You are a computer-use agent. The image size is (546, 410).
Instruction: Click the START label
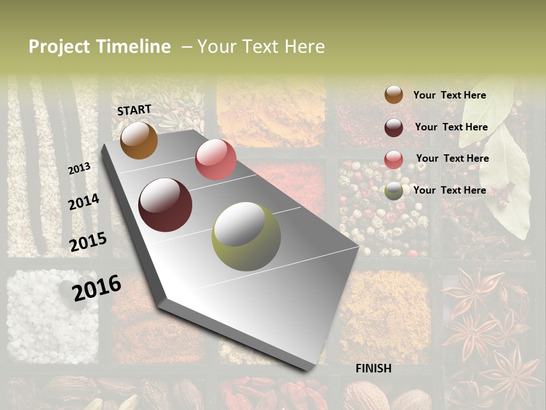tap(134, 110)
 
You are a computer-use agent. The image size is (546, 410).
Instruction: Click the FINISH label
tap(374, 368)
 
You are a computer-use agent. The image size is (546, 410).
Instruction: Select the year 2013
tap(79, 169)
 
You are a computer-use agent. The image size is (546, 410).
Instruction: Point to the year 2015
tap(88, 242)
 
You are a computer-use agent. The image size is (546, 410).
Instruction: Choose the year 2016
tap(97, 288)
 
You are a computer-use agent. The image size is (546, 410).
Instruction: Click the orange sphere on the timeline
tap(139, 141)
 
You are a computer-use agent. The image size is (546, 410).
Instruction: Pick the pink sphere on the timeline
tap(216, 159)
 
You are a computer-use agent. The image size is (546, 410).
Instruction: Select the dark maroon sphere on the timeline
tap(166, 205)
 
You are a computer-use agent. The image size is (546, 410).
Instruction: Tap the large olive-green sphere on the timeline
tap(246, 236)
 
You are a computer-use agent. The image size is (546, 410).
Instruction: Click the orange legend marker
tap(394, 95)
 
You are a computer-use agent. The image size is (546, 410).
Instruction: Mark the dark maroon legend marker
tap(394, 128)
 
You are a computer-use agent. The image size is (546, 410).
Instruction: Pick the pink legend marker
tap(394, 159)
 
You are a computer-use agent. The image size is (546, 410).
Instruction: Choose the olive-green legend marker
tap(394, 191)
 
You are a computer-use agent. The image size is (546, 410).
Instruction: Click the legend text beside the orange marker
tap(449, 96)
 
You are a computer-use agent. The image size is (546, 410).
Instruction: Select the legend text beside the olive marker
tap(449, 190)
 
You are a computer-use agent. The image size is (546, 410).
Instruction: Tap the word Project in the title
tap(59, 47)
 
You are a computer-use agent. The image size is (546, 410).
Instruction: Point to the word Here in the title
tap(304, 47)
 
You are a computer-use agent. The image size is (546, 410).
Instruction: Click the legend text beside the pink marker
tap(452, 158)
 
